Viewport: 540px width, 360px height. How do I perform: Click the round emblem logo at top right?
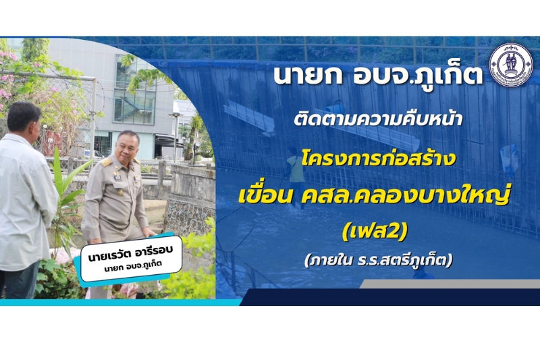512,65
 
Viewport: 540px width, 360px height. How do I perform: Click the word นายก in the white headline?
308,76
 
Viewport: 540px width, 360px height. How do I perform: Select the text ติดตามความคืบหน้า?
378,118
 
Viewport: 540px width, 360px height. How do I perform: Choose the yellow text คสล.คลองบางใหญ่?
406,196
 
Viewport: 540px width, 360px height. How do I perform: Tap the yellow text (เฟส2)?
375,231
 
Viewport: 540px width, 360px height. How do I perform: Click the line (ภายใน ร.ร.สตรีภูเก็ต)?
378,260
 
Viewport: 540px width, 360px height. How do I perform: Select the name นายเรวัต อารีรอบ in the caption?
130,254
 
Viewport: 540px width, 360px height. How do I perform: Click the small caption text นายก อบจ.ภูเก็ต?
133,266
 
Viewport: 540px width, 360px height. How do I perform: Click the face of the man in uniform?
127,148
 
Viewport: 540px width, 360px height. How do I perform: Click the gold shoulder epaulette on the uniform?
107,162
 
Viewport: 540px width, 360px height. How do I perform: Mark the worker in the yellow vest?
296,176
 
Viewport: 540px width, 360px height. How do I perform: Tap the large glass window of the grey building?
134,90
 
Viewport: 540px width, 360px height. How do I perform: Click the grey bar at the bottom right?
450,284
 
